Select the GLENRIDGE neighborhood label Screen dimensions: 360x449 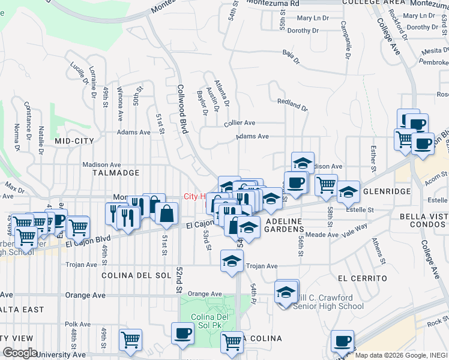tap(387, 191)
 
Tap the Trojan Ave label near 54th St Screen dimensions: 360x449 tap(262, 266)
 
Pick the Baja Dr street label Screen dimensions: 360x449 tap(290, 55)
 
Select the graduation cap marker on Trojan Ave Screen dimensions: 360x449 tap(232, 261)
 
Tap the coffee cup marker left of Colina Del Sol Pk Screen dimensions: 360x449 tap(182, 333)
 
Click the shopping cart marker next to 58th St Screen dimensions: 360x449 tap(326, 184)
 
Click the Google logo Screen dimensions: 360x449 tap(20, 353)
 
